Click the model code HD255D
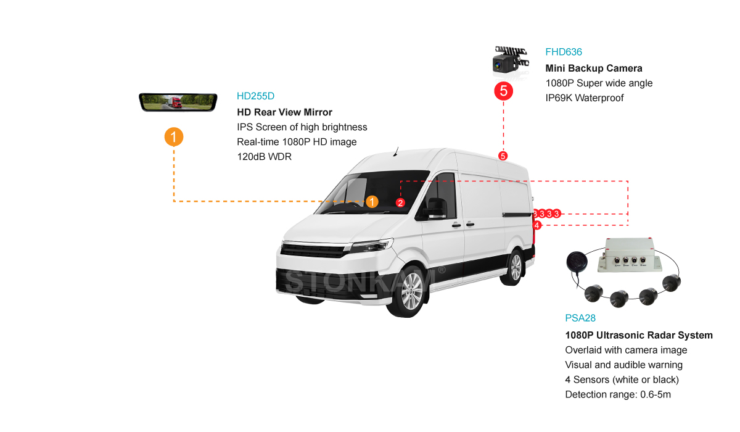pos(255,96)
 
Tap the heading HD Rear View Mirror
pos(284,112)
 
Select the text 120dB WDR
pos(264,157)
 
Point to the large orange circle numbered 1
pos(174,136)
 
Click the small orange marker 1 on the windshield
pos(372,202)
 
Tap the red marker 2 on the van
pos(400,202)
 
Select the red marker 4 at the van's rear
pos(537,225)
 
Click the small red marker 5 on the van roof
pos(503,156)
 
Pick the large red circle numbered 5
pos(503,92)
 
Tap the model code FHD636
pos(563,52)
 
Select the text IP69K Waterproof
pos(585,98)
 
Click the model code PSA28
pos(580,318)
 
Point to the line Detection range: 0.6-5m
pos(618,394)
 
